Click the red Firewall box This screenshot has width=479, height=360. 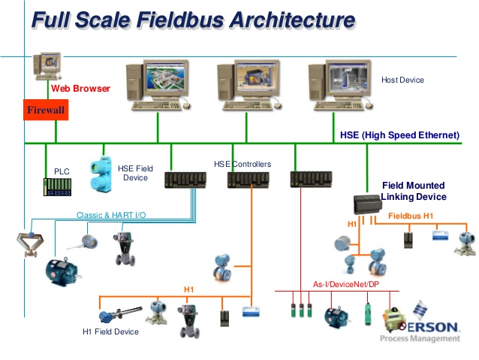click(47, 110)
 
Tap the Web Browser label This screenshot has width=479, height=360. click(80, 89)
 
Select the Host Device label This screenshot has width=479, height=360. click(402, 80)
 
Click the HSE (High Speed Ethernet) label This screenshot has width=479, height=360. click(399, 135)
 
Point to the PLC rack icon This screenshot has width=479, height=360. click(57, 186)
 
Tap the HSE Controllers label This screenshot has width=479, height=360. click(243, 164)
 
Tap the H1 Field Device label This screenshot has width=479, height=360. click(110, 331)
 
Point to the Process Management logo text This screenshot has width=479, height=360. click(431, 339)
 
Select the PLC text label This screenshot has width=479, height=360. click(62, 172)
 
